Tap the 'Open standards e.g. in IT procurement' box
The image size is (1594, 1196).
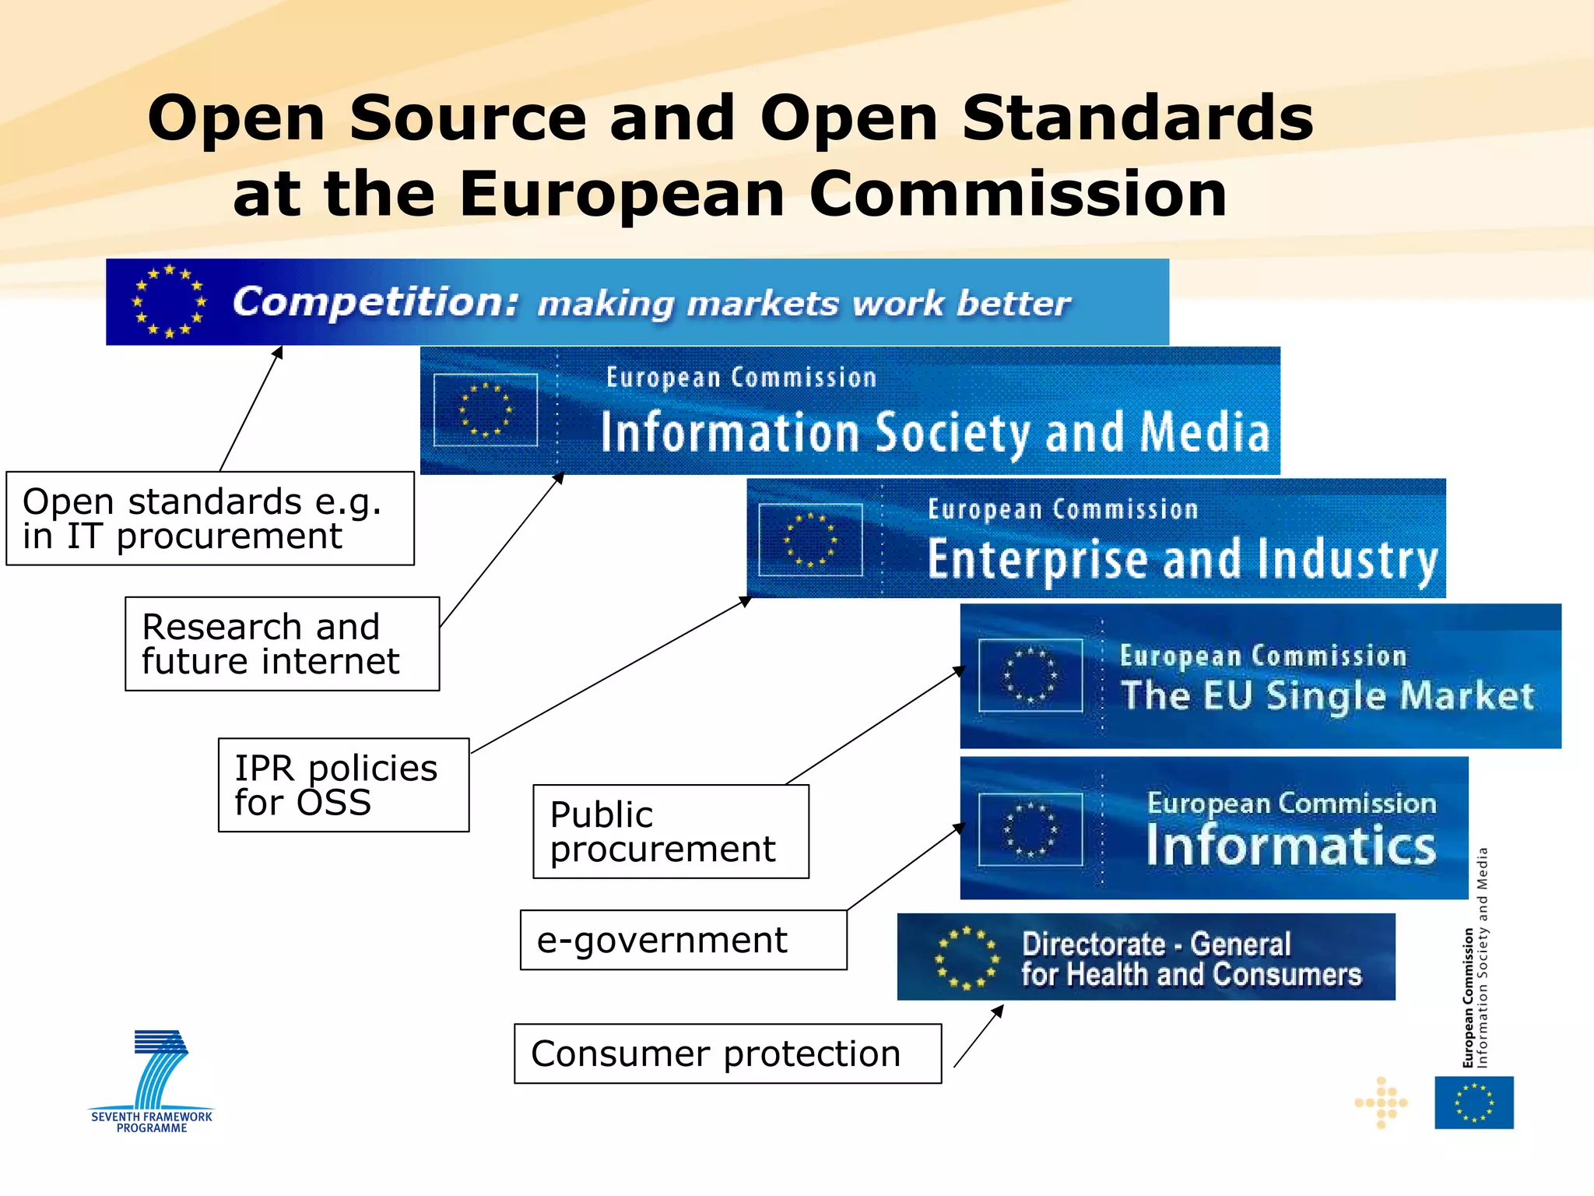pos(210,519)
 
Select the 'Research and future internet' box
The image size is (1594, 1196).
pos(282,644)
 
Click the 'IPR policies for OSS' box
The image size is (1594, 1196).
pos(343,785)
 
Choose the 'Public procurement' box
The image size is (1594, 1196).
pos(670,832)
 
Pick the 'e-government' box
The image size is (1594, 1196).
pos(683,940)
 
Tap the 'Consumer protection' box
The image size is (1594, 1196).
pos(727,1054)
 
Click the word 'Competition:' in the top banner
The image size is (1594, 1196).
pos(375,302)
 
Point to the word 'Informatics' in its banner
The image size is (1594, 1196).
pos(1290,846)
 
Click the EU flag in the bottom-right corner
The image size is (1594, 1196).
pos(1473,1103)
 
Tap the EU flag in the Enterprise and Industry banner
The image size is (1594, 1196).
pos(810,540)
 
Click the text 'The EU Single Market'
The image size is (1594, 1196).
pos(1327,695)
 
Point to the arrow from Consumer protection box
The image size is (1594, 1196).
pos(978,1036)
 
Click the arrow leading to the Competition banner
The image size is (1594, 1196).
pos(251,409)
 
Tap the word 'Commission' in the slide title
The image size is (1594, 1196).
pos(1018,194)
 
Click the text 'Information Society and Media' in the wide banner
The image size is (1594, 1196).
pos(934,433)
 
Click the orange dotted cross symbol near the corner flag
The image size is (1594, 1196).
pos(1382,1103)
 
